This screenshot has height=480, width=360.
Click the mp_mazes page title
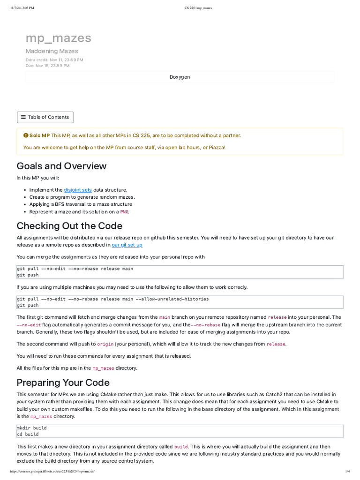[x=58, y=38]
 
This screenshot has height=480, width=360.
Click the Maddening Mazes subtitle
[x=52, y=51]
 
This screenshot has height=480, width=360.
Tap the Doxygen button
[x=180, y=77]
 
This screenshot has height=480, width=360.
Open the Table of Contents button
[x=45, y=117]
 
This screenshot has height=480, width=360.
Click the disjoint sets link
[x=78, y=190]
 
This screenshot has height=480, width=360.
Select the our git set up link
[x=127, y=245]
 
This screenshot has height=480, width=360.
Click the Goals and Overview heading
[x=61, y=166]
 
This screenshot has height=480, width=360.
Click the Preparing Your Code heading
[x=63, y=382]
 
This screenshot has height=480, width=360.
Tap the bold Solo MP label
[x=39, y=135]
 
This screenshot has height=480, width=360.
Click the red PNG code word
[x=124, y=212]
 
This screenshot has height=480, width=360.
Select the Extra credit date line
[x=54, y=60]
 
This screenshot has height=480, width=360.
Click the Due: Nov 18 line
[x=47, y=66]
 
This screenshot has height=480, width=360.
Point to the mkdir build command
[x=32, y=428]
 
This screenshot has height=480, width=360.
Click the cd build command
[x=28, y=435]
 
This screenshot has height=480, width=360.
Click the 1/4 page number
[x=347, y=471]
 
